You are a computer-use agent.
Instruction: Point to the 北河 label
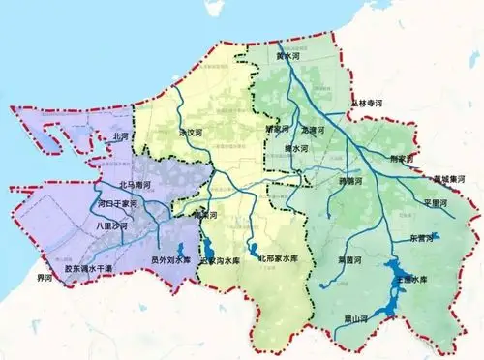tap(121, 138)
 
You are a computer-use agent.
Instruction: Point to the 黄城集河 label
tap(452, 179)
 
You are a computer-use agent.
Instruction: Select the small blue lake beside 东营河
tap(434, 234)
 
